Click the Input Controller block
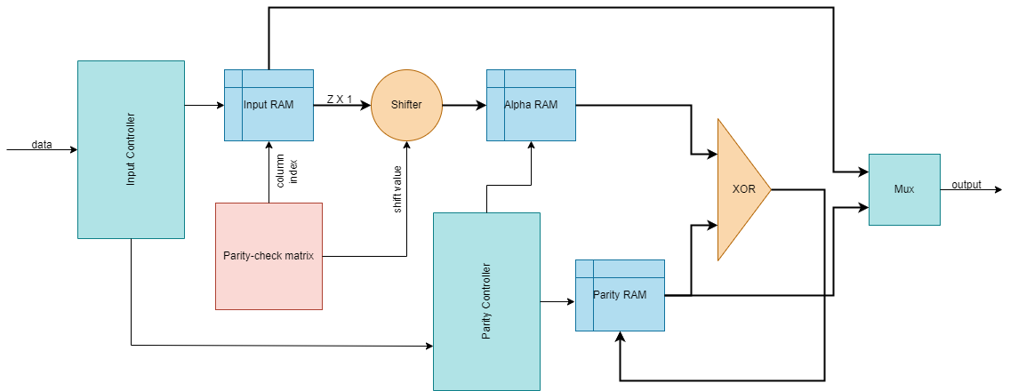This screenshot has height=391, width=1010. pyautogui.click(x=131, y=149)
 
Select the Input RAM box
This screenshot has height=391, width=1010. pyautogui.click(x=269, y=105)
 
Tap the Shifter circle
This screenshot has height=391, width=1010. pyautogui.click(x=406, y=105)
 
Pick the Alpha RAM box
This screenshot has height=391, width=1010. pyautogui.click(x=531, y=105)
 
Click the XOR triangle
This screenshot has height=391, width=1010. pyautogui.click(x=740, y=189)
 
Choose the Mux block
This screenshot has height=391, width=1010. pyautogui.click(x=904, y=188)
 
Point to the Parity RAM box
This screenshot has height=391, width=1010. pyautogui.click(x=620, y=295)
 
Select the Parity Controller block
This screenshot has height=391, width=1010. pyautogui.click(x=486, y=301)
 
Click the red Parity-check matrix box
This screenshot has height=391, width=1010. pyautogui.click(x=269, y=256)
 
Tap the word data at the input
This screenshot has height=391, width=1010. pyautogui.click(x=42, y=144)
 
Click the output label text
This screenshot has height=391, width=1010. pyautogui.click(x=966, y=185)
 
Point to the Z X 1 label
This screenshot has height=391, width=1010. pyautogui.click(x=340, y=100)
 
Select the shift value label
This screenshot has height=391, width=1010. pyautogui.click(x=397, y=189)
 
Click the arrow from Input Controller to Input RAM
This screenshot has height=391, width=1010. pyautogui.click(x=204, y=105)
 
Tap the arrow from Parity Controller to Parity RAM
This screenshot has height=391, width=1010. pyautogui.click(x=557, y=302)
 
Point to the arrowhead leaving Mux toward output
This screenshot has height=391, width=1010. pyautogui.click(x=998, y=189)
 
